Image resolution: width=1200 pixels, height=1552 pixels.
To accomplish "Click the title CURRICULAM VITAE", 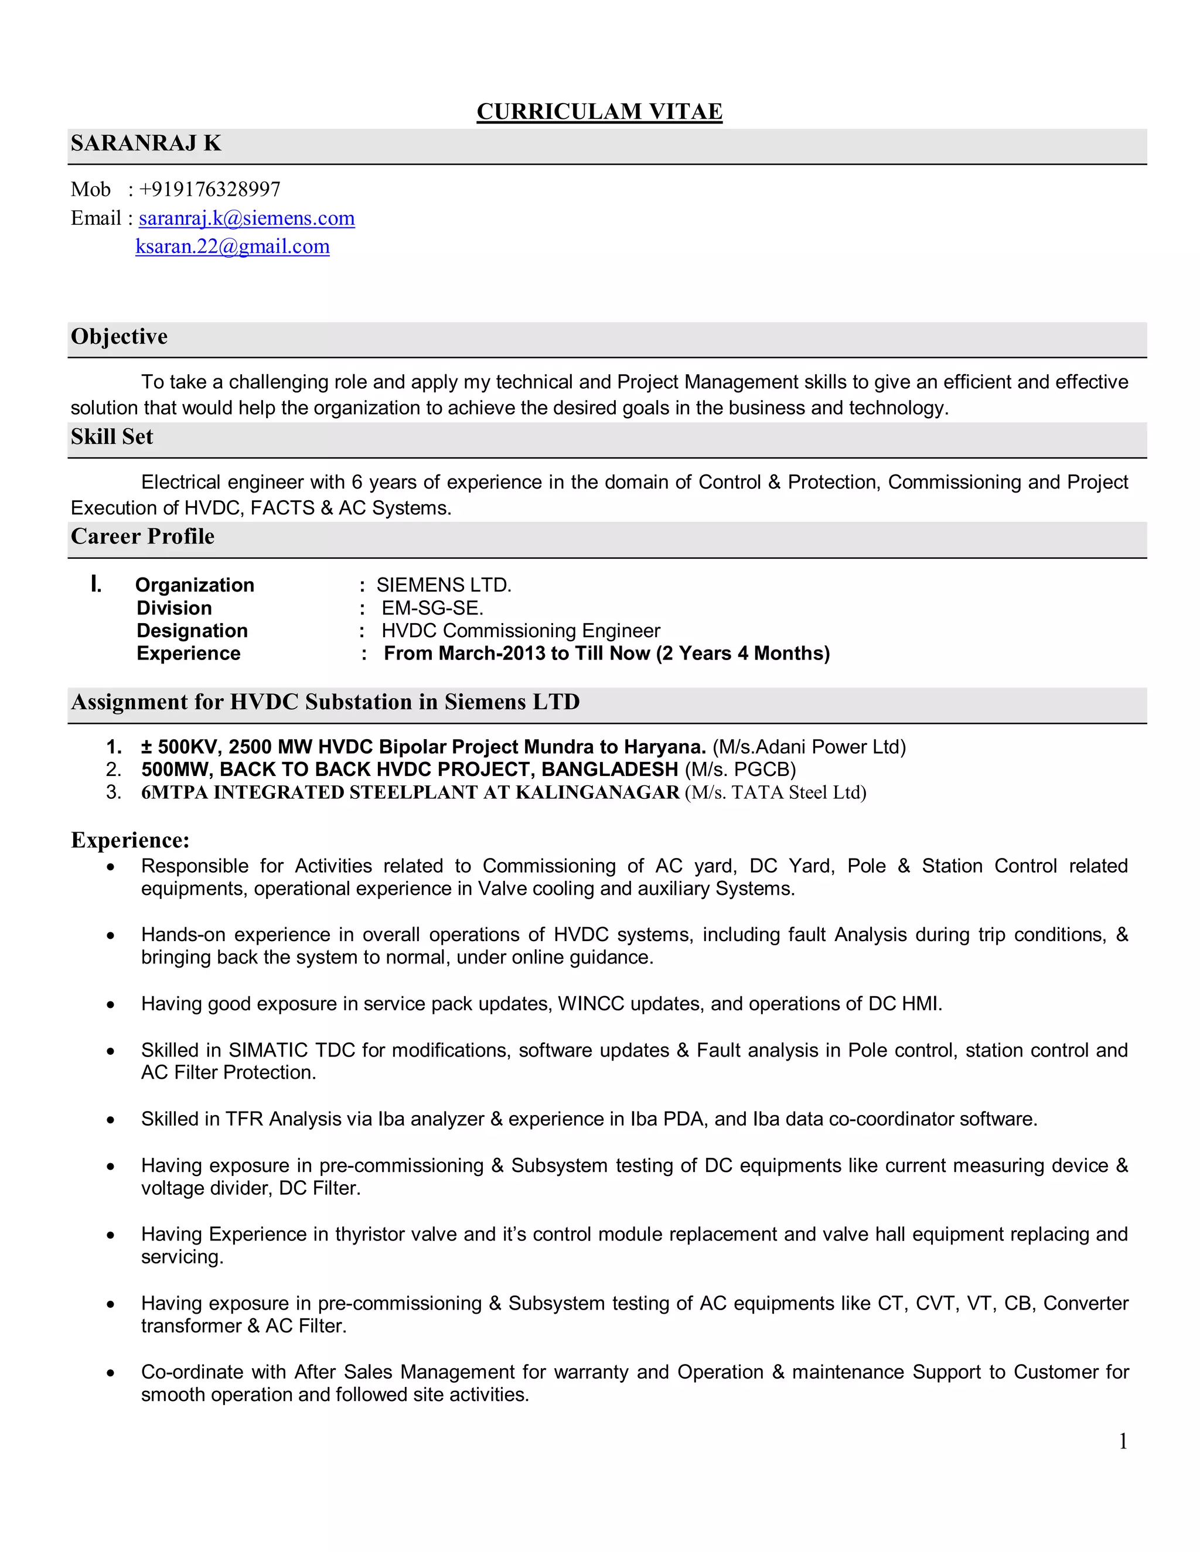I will (599, 111).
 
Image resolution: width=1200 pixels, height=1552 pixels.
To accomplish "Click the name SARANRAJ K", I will (146, 143).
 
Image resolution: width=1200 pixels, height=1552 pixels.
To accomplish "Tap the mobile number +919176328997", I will (210, 189).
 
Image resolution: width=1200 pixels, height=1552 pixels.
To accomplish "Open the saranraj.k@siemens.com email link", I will (247, 218).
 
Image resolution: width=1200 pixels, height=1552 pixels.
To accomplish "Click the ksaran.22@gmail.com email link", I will (233, 247).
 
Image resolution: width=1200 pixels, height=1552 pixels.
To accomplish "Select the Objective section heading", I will (119, 337).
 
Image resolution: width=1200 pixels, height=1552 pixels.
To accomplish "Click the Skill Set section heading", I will (111, 437).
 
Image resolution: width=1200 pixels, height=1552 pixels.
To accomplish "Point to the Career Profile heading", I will (142, 536).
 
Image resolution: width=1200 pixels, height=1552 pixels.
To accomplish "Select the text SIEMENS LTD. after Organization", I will (444, 585).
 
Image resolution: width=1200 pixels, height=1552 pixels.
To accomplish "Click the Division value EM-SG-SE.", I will (432, 609).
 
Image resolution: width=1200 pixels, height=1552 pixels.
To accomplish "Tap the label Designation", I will (192, 631).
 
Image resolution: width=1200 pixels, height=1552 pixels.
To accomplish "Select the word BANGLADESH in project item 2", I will (609, 770).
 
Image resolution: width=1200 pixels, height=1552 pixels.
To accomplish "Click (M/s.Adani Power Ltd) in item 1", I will (809, 747).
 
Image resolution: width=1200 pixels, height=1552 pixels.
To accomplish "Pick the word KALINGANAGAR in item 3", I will (597, 792).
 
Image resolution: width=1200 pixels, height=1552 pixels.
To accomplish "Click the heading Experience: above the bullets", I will (130, 840).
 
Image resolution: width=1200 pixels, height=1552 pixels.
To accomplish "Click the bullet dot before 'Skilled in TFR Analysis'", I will (110, 1120).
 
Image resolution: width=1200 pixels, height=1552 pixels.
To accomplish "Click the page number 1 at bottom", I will (1123, 1441).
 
